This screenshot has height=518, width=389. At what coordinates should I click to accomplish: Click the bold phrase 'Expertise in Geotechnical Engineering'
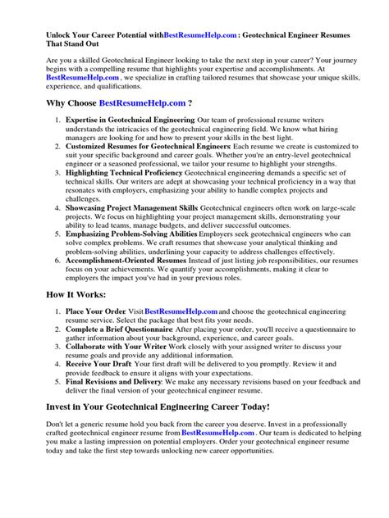coord(124,120)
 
